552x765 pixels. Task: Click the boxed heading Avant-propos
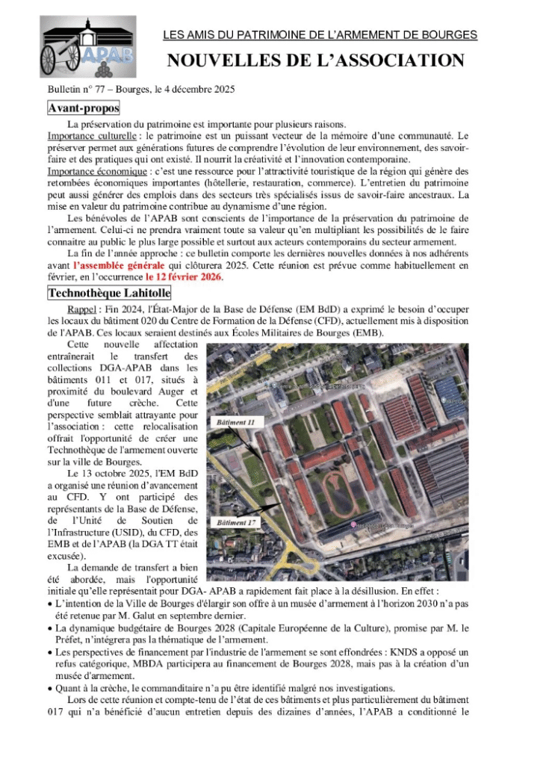click(x=83, y=108)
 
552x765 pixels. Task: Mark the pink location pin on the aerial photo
click(x=353, y=525)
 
